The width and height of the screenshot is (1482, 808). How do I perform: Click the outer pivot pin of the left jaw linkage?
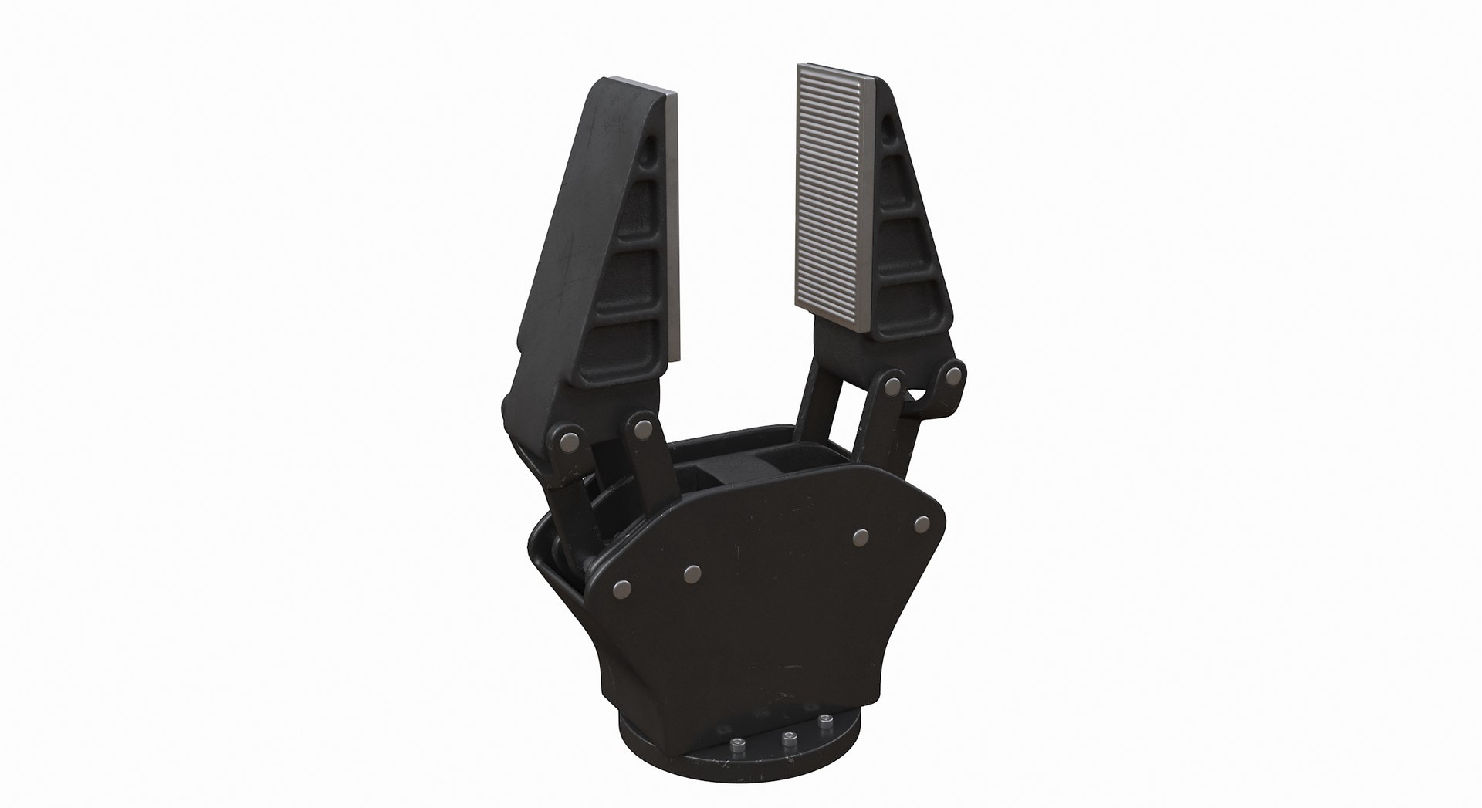[570, 441]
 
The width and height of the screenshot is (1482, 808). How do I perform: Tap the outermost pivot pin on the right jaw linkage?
[953, 377]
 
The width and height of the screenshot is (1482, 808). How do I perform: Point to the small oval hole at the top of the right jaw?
[893, 124]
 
